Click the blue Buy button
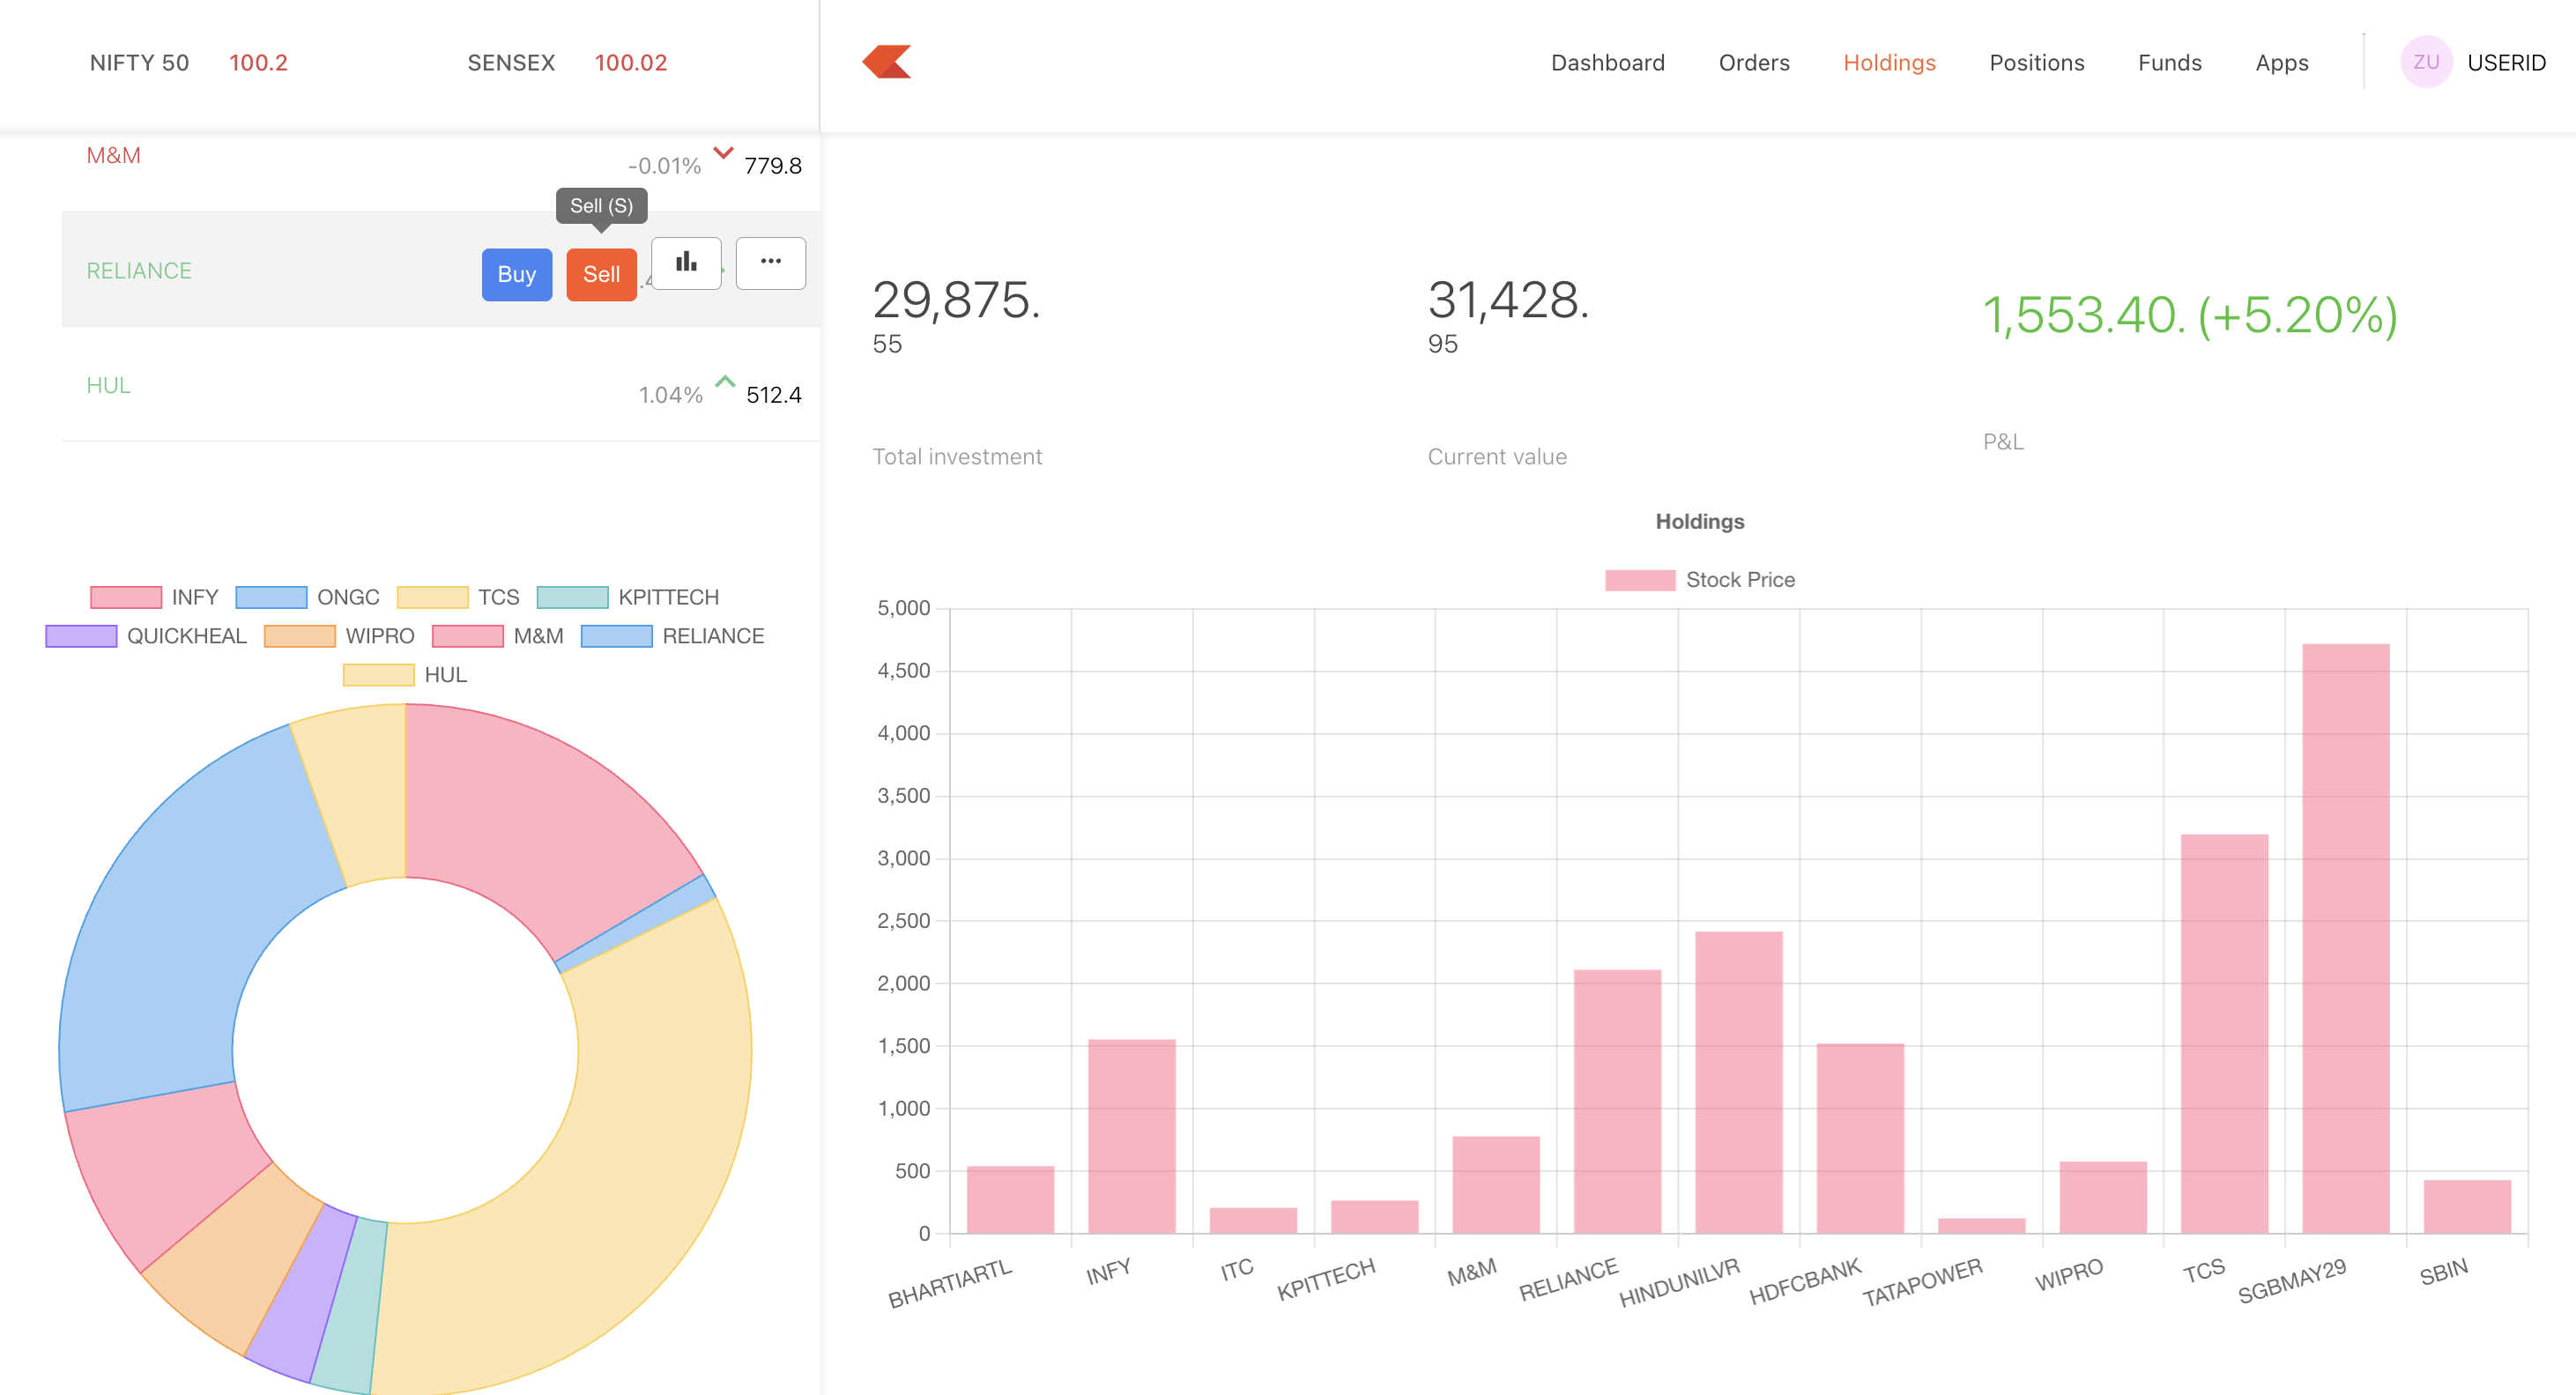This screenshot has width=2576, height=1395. point(516,274)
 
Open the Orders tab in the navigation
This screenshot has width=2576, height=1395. point(1753,63)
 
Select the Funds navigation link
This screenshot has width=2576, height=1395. point(2169,63)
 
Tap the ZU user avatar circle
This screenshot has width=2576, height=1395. point(2425,62)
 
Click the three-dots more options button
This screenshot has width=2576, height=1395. point(770,263)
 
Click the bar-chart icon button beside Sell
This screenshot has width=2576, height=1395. point(686,263)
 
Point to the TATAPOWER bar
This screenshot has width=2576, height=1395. point(1981,1225)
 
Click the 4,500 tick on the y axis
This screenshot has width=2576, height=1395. point(903,671)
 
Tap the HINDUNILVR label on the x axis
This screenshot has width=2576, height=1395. point(1679,1283)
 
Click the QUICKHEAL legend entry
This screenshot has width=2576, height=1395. point(147,636)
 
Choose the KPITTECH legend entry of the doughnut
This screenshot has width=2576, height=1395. point(628,597)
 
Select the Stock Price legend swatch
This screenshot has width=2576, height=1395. point(1639,580)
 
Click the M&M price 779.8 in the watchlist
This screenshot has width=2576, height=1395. point(772,166)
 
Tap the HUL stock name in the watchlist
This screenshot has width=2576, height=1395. point(108,385)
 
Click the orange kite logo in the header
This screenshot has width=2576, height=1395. point(887,62)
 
